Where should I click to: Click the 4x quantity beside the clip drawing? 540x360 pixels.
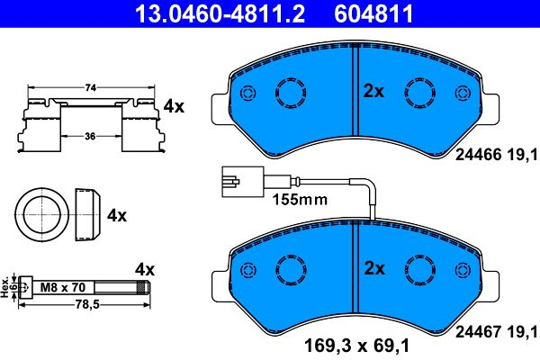(x=173, y=106)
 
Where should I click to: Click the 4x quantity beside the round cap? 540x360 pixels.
(x=117, y=216)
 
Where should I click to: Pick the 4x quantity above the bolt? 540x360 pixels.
(x=145, y=269)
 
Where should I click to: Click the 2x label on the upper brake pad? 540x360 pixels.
(x=373, y=91)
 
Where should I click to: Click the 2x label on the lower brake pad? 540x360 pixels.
(x=373, y=268)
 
